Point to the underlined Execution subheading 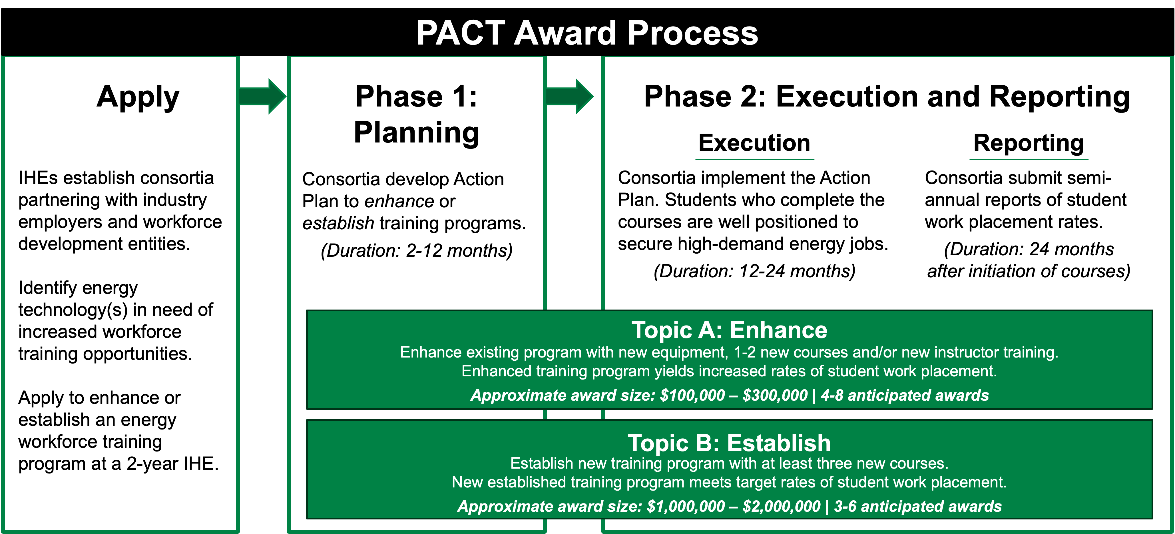[x=754, y=143]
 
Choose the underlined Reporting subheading [x=1029, y=143]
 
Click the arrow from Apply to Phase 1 [x=263, y=96]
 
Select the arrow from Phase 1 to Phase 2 [x=570, y=96]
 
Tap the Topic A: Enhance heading [x=729, y=330]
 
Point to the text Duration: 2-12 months [x=416, y=250]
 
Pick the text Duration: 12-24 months [x=754, y=271]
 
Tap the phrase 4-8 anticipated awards [x=905, y=395]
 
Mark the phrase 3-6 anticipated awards [x=917, y=506]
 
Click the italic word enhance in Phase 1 [x=399, y=201]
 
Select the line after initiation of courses [x=1029, y=271]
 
